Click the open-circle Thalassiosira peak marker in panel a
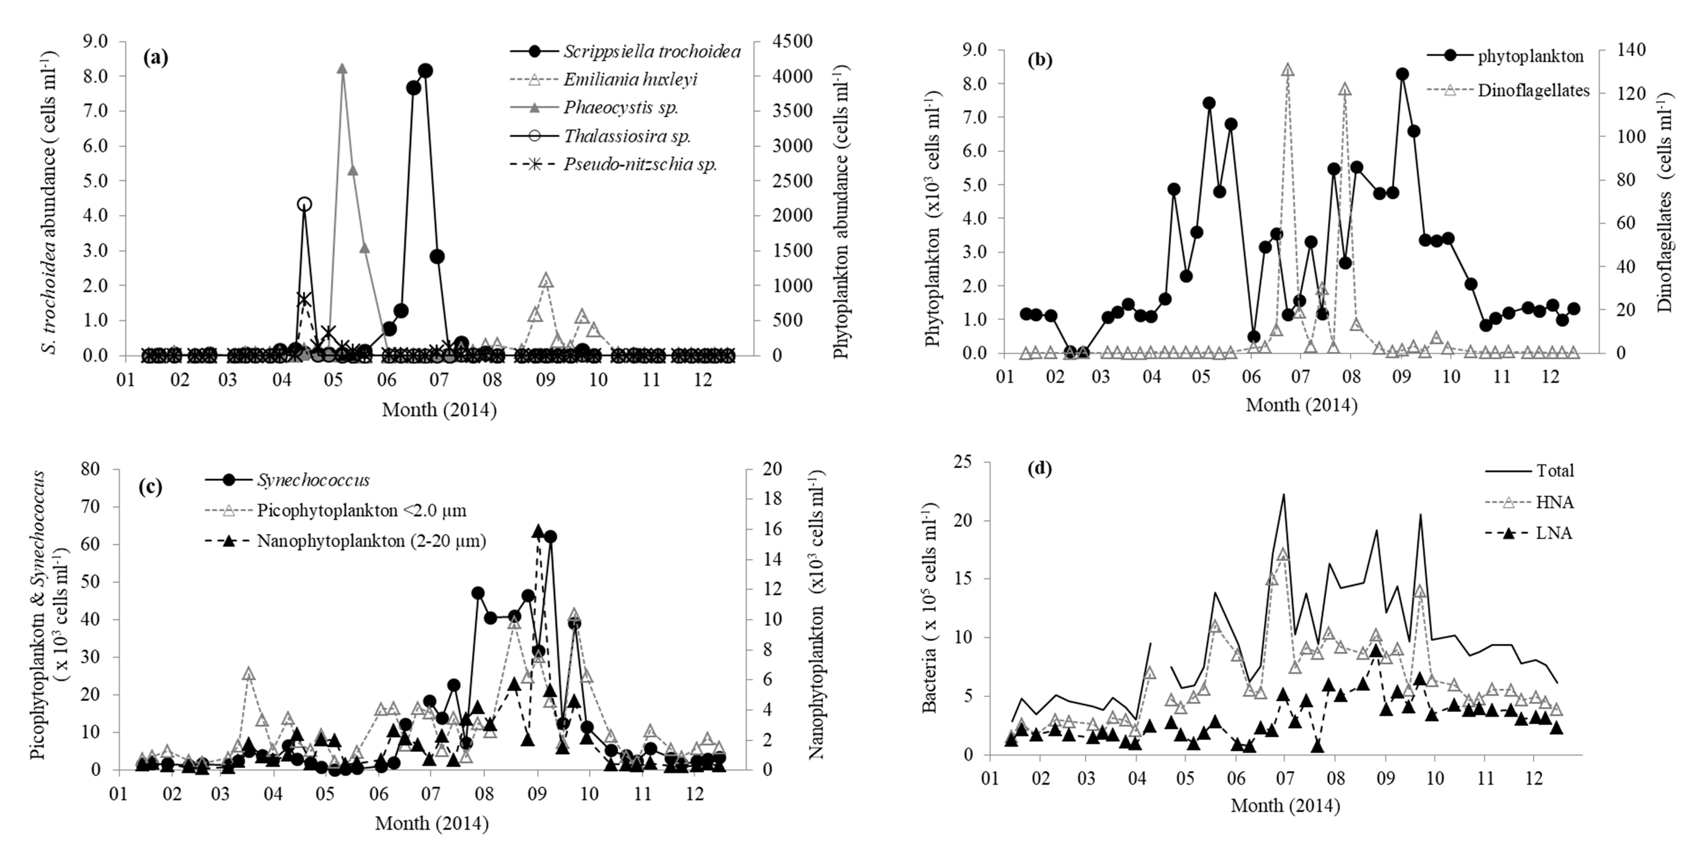click(x=304, y=204)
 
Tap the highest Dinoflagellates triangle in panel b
click(x=1288, y=70)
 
